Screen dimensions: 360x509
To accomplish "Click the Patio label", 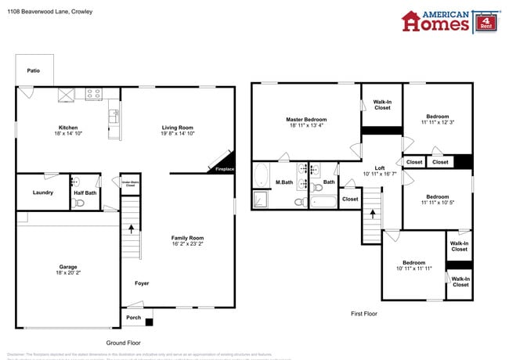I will click(33, 70).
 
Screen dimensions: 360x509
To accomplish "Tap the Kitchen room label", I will click(68, 128).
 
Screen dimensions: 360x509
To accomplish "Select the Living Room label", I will click(177, 128).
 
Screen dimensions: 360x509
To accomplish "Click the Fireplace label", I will click(224, 169).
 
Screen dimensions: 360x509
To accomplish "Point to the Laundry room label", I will click(42, 193).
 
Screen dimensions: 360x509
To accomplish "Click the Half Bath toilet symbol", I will click(78, 203).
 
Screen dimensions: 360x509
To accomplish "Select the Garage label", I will click(68, 267).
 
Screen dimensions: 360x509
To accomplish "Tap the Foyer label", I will click(142, 283).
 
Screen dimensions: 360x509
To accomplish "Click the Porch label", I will click(134, 317).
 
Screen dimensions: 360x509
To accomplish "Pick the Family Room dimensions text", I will click(188, 244).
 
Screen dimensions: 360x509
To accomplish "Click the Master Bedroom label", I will click(305, 119).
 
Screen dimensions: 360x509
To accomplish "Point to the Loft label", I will click(379, 168).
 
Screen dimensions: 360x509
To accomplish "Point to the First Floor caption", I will click(363, 313).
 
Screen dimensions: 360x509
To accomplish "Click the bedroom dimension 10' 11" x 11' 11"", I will click(414, 268).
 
